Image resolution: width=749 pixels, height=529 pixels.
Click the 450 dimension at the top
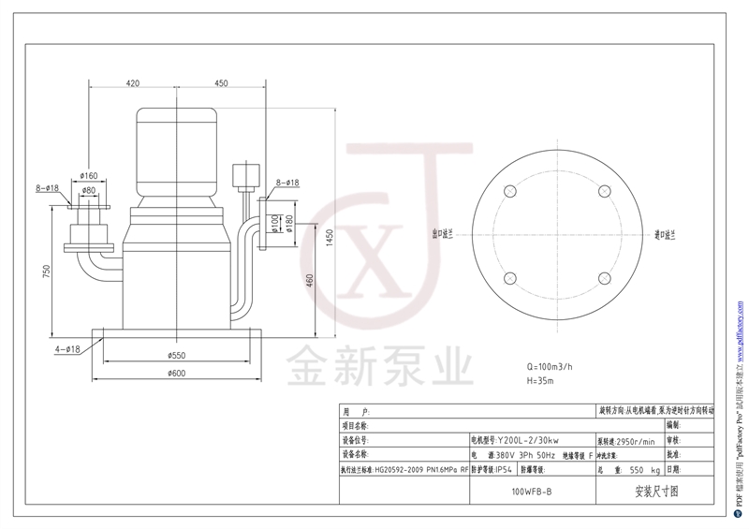click(x=221, y=83)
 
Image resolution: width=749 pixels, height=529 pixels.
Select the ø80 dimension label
click(x=89, y=190)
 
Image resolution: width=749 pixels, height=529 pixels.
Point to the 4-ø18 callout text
click(x=66, y=348)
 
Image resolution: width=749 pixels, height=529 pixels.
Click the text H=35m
click(x=541, y=381)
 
